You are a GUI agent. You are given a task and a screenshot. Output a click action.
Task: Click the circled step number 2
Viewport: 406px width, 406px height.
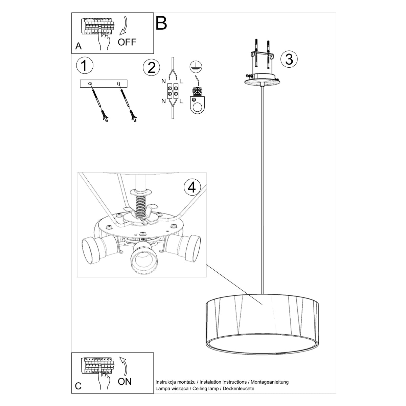[151, 68]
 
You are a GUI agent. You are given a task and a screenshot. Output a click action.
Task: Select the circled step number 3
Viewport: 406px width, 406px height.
[289, 59]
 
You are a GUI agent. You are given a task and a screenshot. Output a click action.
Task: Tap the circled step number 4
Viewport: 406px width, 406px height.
[192, 187]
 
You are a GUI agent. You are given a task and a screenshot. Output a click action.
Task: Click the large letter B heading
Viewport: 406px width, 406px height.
[161, 23]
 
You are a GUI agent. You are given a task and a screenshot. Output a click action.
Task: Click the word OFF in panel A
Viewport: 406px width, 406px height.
[127, 42]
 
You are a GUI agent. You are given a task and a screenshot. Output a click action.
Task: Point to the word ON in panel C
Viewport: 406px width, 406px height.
[125, 382]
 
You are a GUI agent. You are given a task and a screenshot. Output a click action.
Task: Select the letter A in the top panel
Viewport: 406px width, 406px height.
[78, 46]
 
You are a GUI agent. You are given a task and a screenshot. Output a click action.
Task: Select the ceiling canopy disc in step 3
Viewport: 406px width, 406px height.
[263, 80]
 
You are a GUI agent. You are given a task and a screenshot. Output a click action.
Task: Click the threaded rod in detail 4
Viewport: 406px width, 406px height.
[140, 205]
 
